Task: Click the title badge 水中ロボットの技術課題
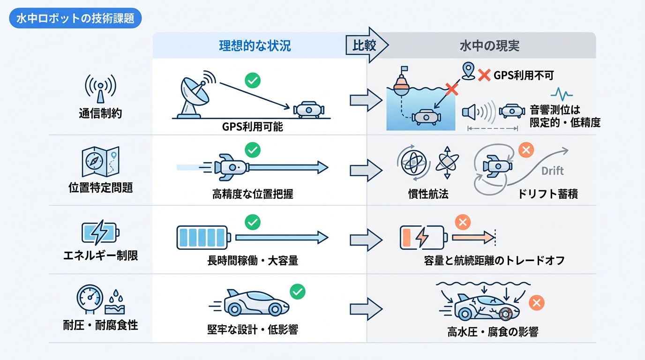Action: click(x=75, y=19)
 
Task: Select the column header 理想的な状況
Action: click(x=255, y=45)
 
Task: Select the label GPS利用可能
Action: click(x=253, y=127)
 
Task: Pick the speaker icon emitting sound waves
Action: click(x=472, y=112)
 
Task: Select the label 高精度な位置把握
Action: click(x=253, y=194)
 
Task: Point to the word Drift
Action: click(x=553, y=171)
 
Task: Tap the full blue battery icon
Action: click(x=202, y=237)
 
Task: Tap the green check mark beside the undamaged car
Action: click(x=297, y=292)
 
